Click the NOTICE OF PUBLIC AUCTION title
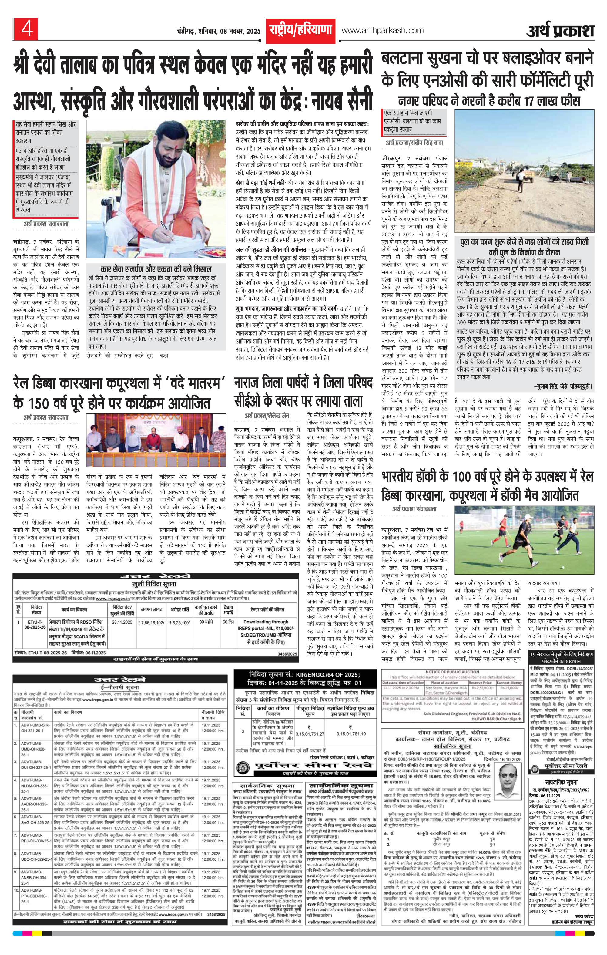pos(452,672)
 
